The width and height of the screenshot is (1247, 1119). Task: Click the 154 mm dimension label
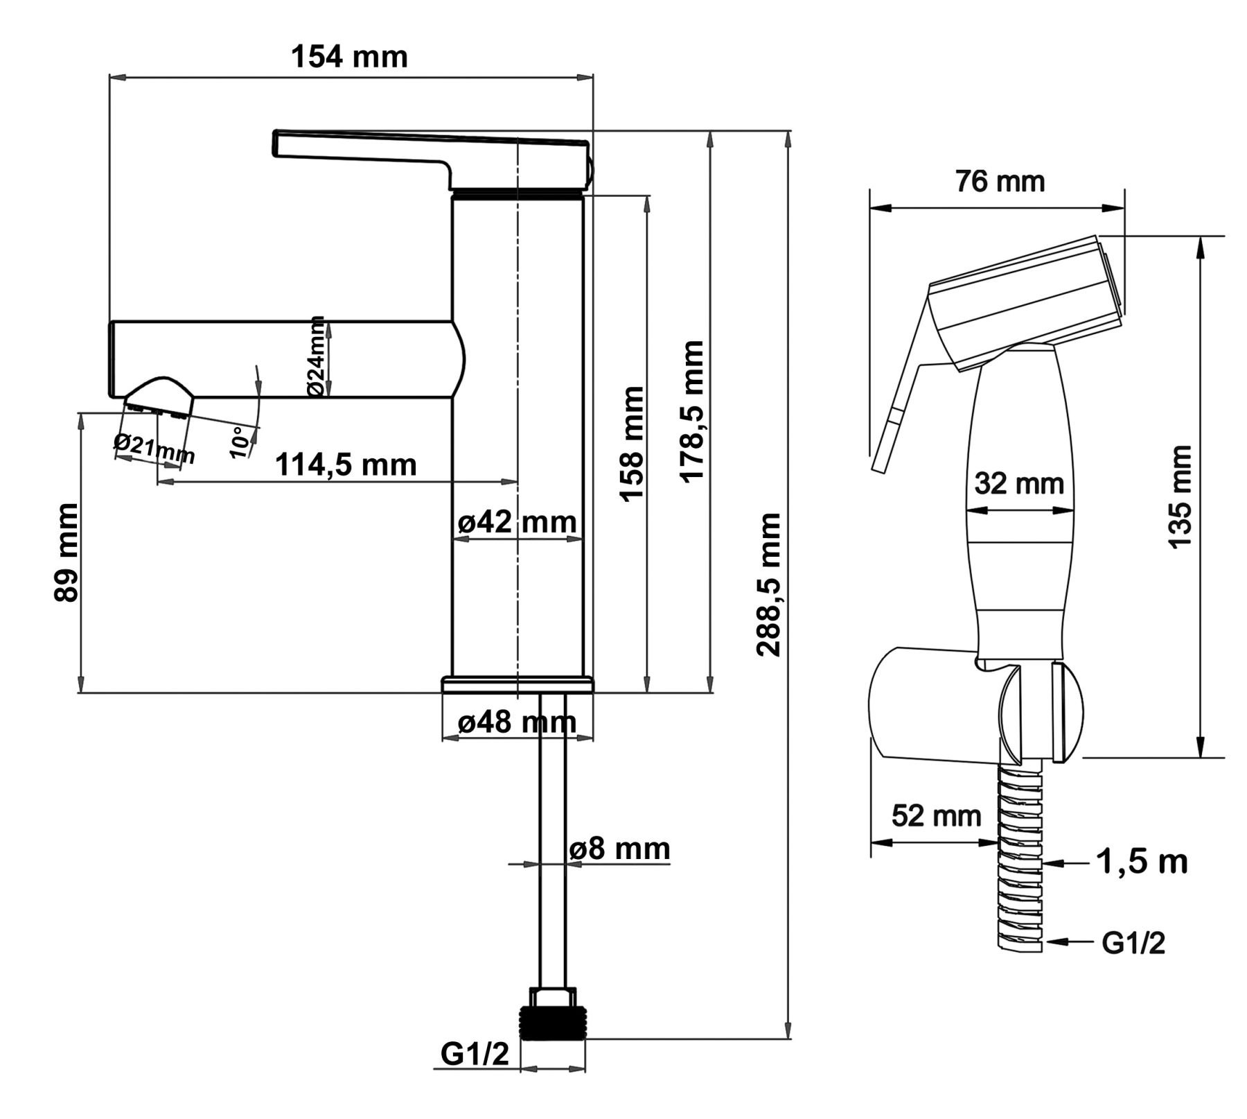pos(349,57)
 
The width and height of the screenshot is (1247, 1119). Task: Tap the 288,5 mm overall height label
pos(769,584)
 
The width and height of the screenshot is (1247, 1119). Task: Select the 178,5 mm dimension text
pos(692,410)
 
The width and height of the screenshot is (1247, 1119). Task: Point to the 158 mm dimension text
pos(631,444)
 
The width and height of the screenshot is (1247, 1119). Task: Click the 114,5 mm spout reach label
pos(346,465)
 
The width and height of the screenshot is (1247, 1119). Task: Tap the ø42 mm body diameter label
pos(517,522)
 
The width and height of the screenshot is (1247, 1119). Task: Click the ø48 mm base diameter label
pos(517,722)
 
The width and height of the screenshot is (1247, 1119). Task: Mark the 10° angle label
pos(239,442)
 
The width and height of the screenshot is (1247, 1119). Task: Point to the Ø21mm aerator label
pos(154,449)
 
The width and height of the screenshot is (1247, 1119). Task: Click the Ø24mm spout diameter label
pos(316,356)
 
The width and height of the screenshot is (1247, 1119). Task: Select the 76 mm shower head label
pos(1000,182)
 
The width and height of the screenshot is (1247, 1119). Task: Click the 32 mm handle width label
pos(1018,483)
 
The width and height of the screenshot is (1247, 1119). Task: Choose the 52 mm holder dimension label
pos(936,815)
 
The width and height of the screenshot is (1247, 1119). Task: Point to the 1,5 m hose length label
pos(1142,862)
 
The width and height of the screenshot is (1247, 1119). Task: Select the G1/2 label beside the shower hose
pos(1133,943)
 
